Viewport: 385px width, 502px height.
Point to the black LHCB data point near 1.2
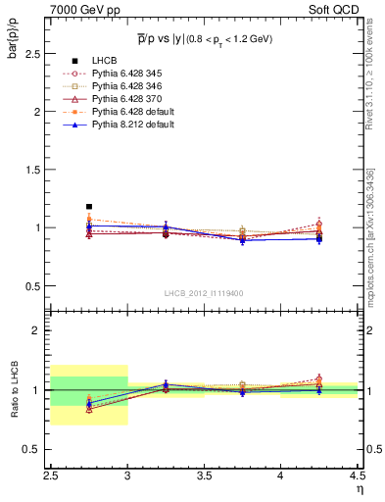point(89,207)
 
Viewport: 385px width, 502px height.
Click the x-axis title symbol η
point(359,487)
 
